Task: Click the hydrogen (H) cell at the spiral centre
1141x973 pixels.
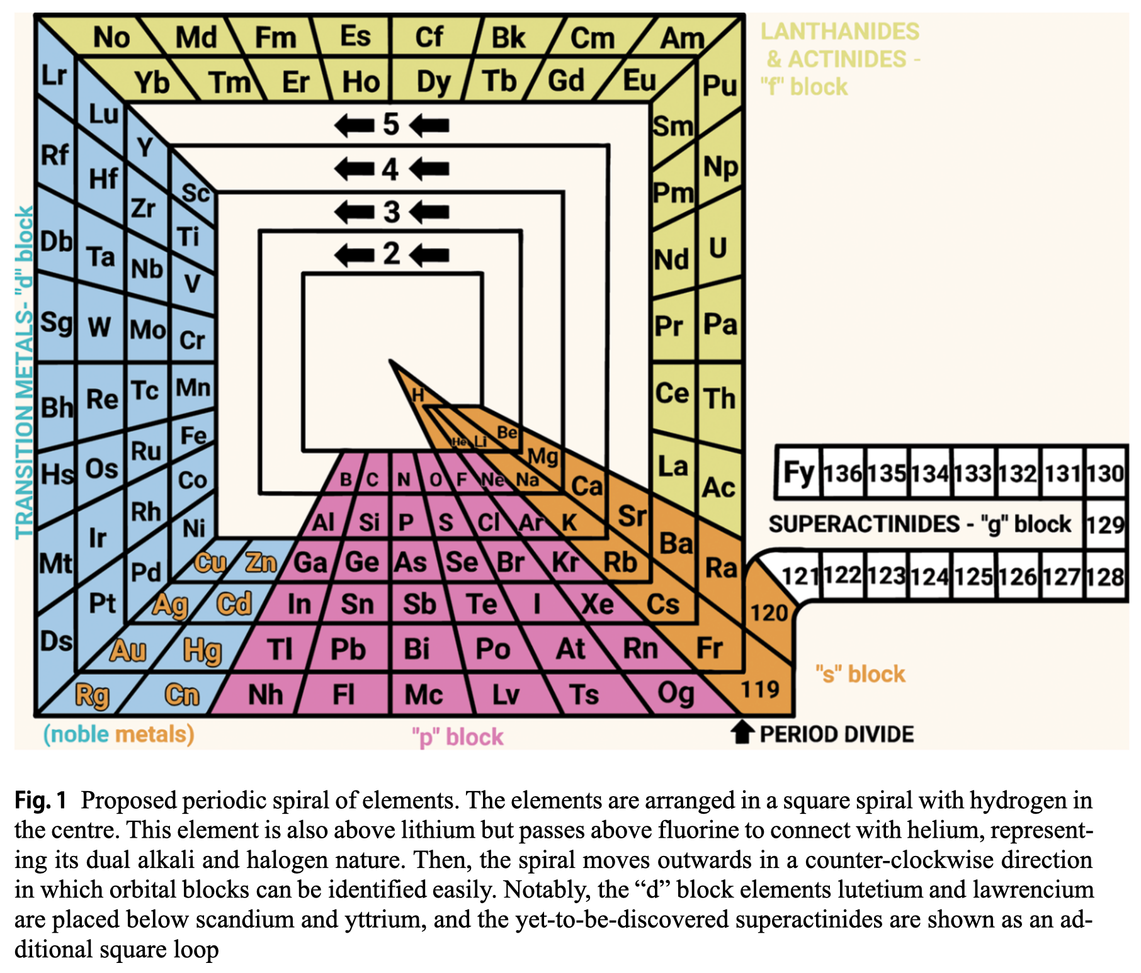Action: pos(417,395)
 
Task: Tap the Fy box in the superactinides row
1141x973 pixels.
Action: pos(798,473)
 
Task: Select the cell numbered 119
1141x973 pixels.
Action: pos(760,690)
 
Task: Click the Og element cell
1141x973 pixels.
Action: pos(676,694)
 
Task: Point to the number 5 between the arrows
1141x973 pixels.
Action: pos(391,125)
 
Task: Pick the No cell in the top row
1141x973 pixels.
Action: pos(111,38)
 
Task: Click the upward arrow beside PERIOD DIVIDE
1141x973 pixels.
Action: pos(742,733)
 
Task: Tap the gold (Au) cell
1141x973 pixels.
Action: pos(128,650)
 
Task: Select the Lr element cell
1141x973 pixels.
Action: pos(54,76)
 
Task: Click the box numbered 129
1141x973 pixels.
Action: pos(1106,524)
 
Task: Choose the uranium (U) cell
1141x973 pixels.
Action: pos(718,248)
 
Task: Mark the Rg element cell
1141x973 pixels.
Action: pos(92,695)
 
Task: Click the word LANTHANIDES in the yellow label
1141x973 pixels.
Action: pos(839,31)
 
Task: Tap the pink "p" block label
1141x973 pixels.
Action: pos(458,736)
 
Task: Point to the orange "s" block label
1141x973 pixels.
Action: pos(860,674)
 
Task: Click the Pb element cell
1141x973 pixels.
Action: pos(348,649)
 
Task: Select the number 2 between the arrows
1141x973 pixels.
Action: pos(392,254)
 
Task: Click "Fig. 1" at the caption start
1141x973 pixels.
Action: pos(40,801)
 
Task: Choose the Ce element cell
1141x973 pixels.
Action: pos(673,393)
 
